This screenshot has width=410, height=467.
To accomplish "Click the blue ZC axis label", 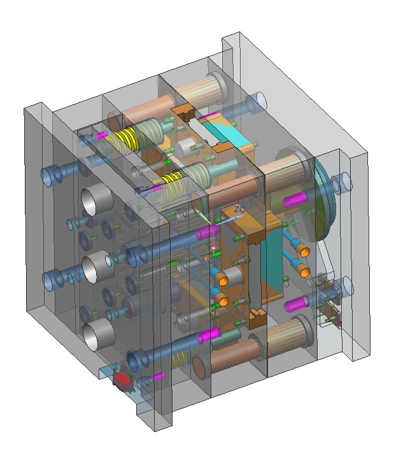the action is coord(239,210).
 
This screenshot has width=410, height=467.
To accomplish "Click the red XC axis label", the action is coord(206,259).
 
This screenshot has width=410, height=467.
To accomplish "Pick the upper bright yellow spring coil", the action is coord(125,140).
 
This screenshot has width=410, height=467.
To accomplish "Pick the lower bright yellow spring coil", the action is coord(172,178).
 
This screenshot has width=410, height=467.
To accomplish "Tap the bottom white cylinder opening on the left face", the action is coord(99,336).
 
